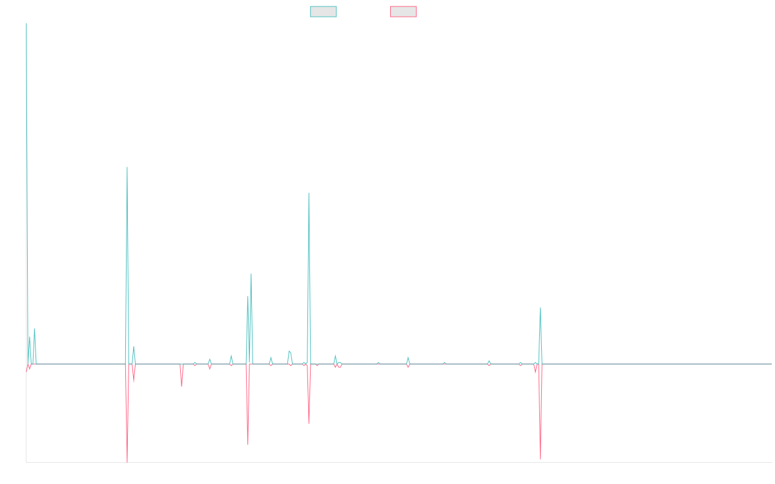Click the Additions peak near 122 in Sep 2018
click(127, 167)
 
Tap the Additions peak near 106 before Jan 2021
click(309, 193)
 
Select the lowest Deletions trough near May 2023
click(540, 459)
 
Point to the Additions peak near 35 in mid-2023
click(541, 308)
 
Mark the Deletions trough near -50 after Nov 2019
click(248, 445)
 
